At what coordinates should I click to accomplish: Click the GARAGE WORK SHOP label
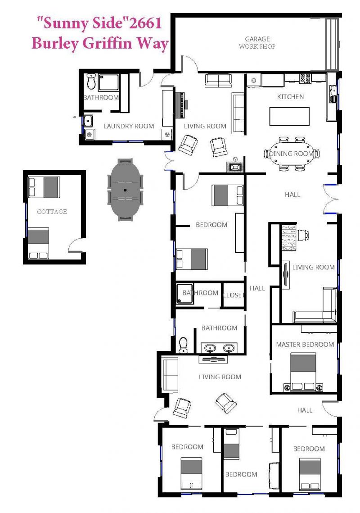pyautogui.click(x=257, y=43)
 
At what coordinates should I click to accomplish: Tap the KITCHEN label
pyautogui.click(x=290, y=96)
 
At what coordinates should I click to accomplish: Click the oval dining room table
pyautogui.click(x=292, y=154)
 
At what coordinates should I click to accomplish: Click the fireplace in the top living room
pyautogui.click(x=234, y=166)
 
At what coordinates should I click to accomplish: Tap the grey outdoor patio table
pyautogui.click(x=125, y=190)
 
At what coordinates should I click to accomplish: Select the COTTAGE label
pyautogui.click(x=52, y=212)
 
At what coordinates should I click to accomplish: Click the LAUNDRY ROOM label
pyautogui.click(x=129, y=126)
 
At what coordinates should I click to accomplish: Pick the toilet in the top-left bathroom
pyautogui.click(x=91, y=82)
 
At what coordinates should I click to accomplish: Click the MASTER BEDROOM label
pyautogui.click(x=305, y=344)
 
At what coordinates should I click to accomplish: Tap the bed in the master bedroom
pyautogui.click(x=303, y=371)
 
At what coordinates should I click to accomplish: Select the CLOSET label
pyautogui.click(x=234, y=295)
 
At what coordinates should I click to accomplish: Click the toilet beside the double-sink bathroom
pyautogui.click(x=184, y=345)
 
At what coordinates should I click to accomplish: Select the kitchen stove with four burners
pyautogui.click(x=306, y=78)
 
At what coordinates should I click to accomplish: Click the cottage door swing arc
pyautogui.click(x=75, y=243)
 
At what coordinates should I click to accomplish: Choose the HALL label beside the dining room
pyautogui.click(x=292, y=195)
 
